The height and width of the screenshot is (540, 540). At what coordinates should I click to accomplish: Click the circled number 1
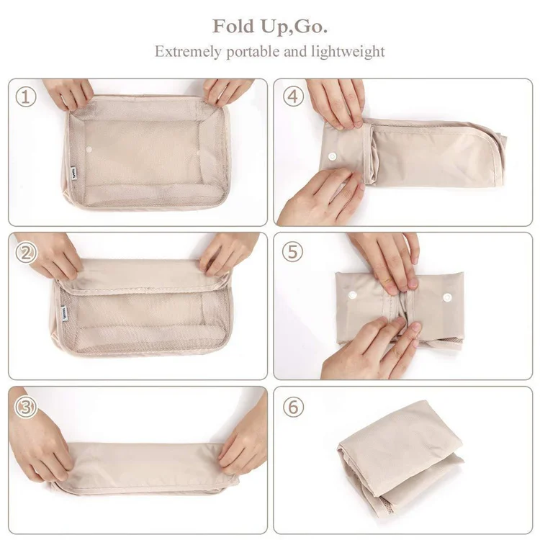coord(26,96)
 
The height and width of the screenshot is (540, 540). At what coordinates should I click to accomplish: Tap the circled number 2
coord(26,253)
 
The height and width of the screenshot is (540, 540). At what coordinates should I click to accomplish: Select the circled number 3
coord(26,407)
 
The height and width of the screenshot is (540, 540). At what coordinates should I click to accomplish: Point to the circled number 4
coord(292,96)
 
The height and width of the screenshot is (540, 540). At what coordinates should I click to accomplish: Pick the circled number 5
coord(292,252)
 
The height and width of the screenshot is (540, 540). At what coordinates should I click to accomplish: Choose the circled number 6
coord(292,407)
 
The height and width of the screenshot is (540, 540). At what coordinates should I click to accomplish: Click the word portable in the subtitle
coord(254,52)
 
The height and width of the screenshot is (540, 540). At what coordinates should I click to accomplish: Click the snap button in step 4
coord(332,154)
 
